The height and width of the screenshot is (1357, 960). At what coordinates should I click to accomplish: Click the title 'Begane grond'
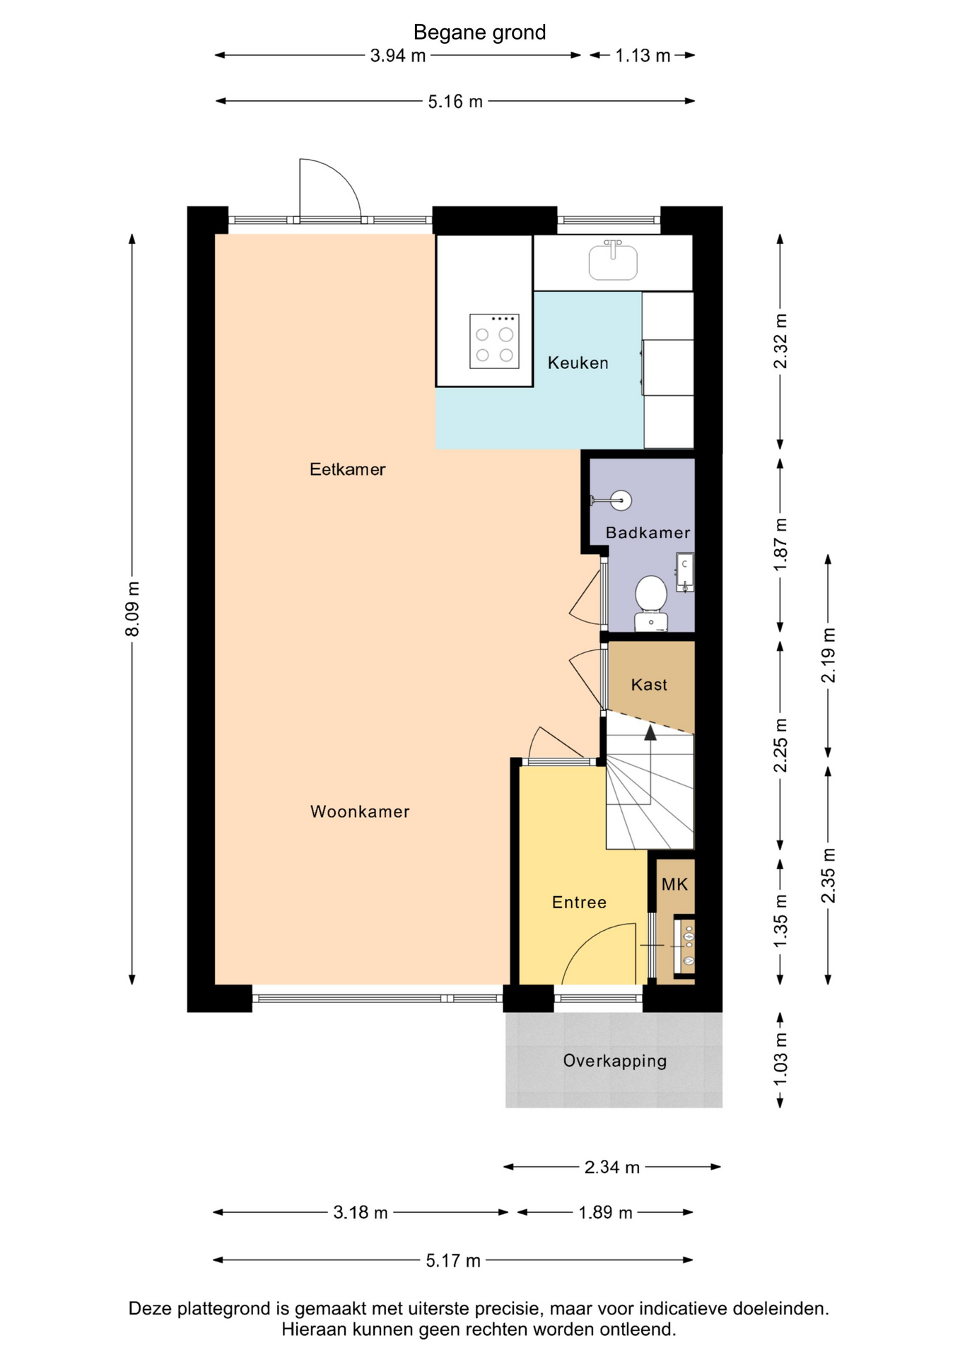click(479, 33)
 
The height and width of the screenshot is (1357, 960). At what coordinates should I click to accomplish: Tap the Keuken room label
click(578, 363)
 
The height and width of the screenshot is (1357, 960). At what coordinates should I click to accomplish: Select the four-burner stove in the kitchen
click(494, 341)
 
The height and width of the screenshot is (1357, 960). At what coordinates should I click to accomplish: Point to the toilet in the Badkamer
click(651, 601)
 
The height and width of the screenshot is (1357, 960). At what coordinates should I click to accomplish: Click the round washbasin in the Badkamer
click(620, 501)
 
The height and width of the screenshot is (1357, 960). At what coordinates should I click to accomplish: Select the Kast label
click(649, 684)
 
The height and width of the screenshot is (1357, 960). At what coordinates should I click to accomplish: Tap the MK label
click(674, 884)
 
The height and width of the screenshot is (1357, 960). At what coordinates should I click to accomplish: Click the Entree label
click(579, 902)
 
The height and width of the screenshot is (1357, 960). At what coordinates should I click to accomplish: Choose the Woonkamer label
click(360, 811)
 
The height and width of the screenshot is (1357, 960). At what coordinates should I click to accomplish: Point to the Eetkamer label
click(347, 469)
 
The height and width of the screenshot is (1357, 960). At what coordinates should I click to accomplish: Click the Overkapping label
click(614, 1061)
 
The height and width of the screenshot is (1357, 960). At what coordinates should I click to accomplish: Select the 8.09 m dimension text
click(132, 609)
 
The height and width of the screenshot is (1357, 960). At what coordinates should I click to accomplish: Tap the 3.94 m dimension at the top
click(398, 55)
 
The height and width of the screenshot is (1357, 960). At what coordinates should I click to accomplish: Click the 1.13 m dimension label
click(643, 55)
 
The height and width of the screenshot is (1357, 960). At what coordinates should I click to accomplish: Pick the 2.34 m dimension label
click(612, 1167)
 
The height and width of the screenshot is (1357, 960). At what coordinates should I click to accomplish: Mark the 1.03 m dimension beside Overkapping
click(780, 1060)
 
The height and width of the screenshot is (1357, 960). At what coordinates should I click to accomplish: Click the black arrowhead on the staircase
click(650, 732)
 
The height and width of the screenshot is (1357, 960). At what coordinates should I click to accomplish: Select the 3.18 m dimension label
click(361, 1213)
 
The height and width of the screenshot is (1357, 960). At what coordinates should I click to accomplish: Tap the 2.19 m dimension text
click(828, 654)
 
